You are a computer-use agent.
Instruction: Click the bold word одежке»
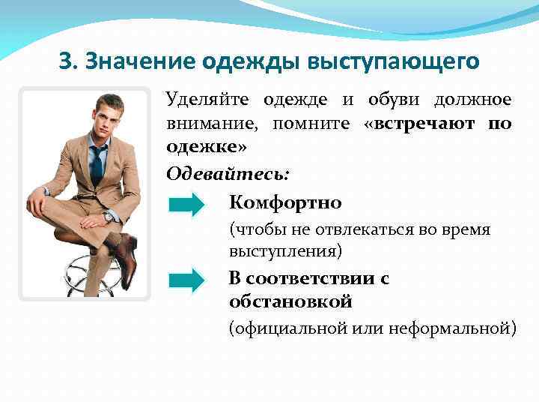(x=206, y=146)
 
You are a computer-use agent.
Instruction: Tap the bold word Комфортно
(x=285, y=203)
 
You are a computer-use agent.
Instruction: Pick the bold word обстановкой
(x=290, y=301)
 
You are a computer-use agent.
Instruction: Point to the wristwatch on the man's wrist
(x=109, y=217)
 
